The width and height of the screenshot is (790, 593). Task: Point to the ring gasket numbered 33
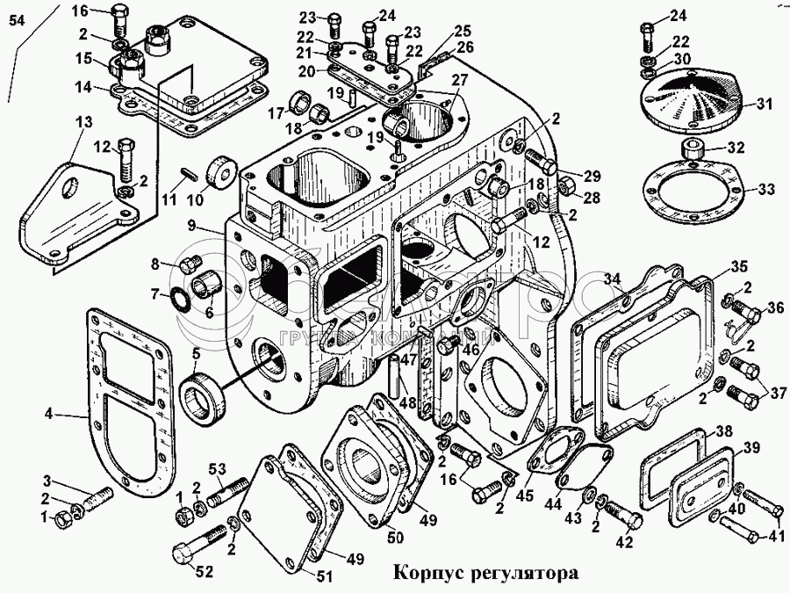(x=693, y=188)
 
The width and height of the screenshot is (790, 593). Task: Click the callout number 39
(x=751, y=449)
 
